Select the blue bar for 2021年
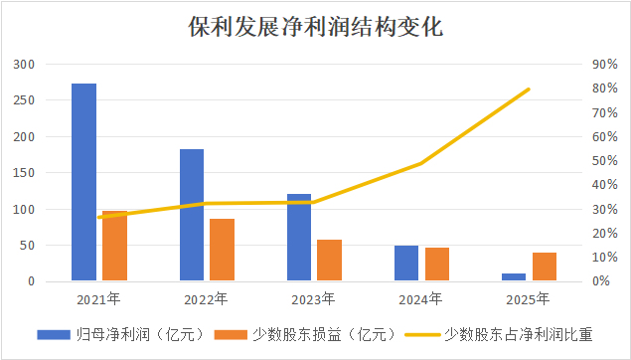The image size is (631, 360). [84, 182]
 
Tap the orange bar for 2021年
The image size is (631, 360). [114, 246]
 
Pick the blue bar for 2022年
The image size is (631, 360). [192, 215]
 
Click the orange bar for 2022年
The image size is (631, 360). [222, 250]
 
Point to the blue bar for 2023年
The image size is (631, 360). [299, 238]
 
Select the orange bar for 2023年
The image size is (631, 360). [329, 261]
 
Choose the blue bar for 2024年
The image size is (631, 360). [406, 264]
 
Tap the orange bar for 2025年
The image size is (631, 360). [544, 267]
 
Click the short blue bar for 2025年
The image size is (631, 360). [514, 277]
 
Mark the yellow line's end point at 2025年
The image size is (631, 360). [529, 89]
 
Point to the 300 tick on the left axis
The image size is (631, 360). [25, 65]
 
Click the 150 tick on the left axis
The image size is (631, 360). [25, 173]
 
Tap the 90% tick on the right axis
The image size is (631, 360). [605, 65]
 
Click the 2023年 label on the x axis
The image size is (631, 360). [314, 298]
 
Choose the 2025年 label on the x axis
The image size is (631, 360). [529, 298]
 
